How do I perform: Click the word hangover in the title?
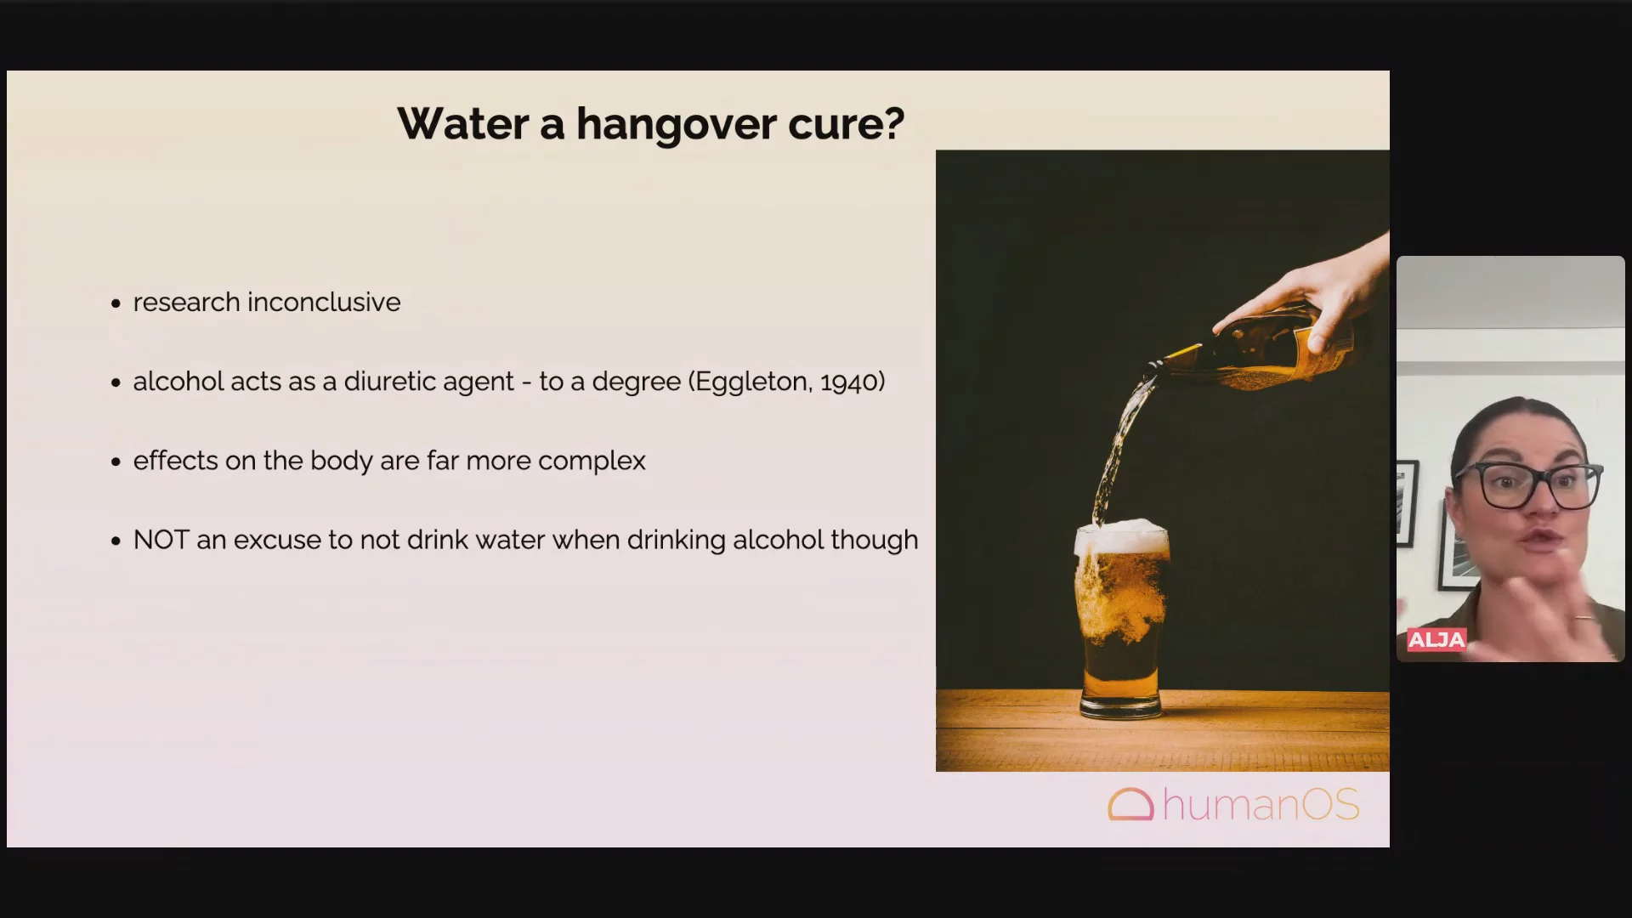[676, 125]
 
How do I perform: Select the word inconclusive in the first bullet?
[324, 302]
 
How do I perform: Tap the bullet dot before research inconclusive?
[116, 303]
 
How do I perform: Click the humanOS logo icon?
[1130, 804]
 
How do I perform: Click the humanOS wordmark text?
[1261, 804]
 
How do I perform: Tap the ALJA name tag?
[1436, 640]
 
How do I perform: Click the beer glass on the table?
[1121, 621]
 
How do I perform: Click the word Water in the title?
[463, 124]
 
